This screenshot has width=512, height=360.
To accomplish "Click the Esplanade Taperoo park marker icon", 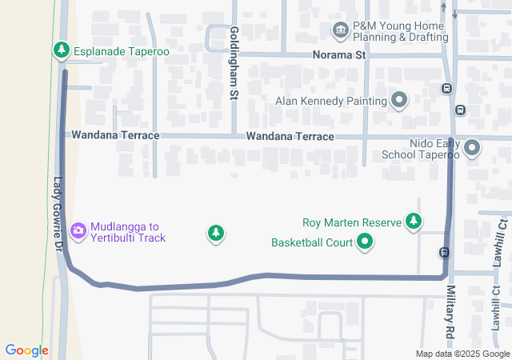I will pos(61,50).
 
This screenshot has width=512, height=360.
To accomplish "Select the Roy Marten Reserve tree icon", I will pos(414,221).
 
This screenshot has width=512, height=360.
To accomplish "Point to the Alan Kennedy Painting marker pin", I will pos(399,101).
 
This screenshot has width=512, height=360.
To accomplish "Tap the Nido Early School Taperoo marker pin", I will pos(472,148).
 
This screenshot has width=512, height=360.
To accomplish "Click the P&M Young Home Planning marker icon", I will pos(341,30).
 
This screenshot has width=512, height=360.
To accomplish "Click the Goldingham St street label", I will pos(234,62).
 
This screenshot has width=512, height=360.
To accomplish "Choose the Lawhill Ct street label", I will pos(498,244).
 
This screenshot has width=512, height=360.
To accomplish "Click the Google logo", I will pos(26,350).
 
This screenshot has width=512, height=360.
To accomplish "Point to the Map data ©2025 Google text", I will pos(462,354).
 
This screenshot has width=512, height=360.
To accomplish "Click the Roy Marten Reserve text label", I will pos(351,222).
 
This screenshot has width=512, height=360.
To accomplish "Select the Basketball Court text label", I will pos(312,242).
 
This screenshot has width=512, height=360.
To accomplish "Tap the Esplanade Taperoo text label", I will pos(122,51).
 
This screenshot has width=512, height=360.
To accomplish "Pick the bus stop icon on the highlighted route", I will pos(443,253).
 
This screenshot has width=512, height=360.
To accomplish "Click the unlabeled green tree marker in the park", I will pos(215,233).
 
